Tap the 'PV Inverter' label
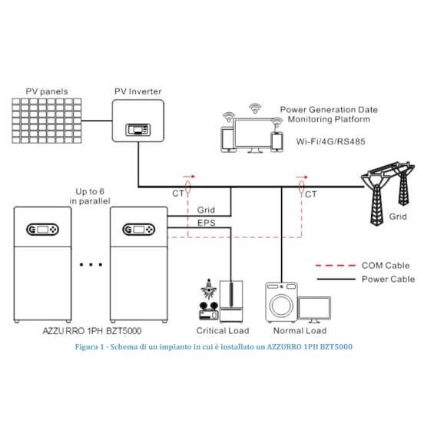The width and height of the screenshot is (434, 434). coord(138,92)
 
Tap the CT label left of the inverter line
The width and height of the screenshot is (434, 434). coord(178,195)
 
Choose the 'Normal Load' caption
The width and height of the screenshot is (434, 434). coord(296,331)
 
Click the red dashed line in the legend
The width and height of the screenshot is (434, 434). coord(336,265)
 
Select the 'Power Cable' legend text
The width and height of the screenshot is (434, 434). coord(388,279)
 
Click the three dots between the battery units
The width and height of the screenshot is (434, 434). coord(91,265)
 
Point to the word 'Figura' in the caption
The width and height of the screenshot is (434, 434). coord(88,346)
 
